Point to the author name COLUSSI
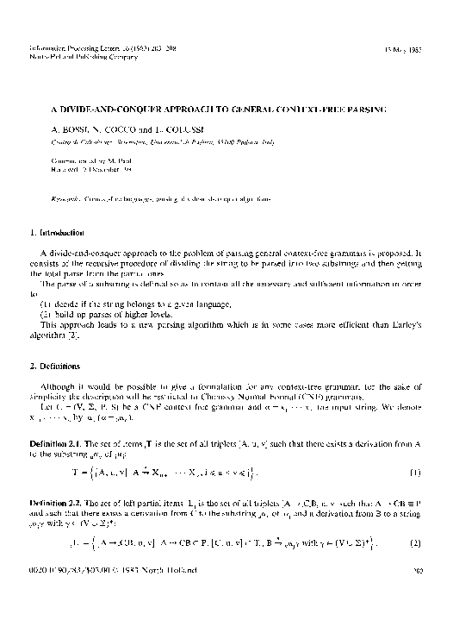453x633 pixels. pyautogui.click(x=185, y=128)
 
